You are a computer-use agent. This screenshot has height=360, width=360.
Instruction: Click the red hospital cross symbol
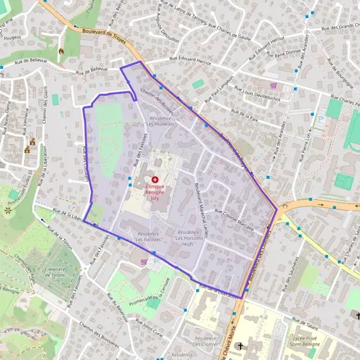pos(155,179)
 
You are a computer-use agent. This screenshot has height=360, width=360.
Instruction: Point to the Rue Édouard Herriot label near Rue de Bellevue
pos(191,58)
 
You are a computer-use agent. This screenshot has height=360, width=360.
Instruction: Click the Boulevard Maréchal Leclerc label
pos(200,209)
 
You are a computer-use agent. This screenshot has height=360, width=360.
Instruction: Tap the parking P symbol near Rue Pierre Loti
pos(319,119)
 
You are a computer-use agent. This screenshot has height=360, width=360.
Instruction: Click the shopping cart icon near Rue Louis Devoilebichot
pos(274,85)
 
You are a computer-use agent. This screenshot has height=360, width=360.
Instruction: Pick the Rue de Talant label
pos(305,322)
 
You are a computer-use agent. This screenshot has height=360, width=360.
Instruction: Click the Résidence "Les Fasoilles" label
pos(151,235)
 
